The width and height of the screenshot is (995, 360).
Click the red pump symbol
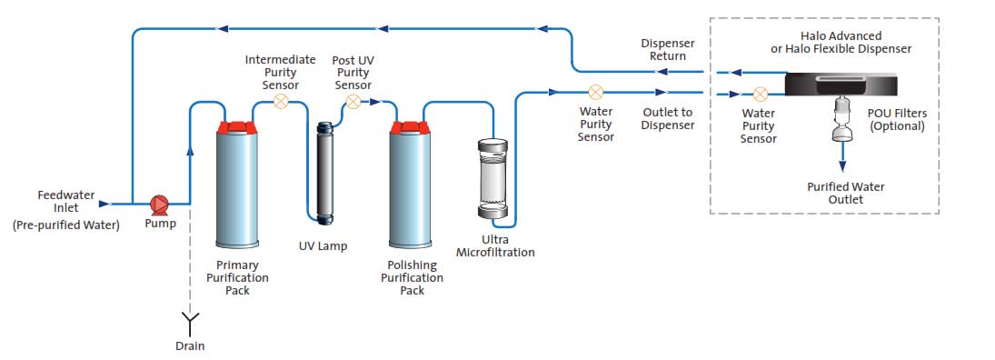point(160,204)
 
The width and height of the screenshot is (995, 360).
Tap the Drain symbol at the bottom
point(191,320)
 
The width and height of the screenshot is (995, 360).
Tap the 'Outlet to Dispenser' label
point(667,119)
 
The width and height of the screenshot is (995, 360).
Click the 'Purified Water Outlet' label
point(845,193)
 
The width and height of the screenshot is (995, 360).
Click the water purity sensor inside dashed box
point(760,93)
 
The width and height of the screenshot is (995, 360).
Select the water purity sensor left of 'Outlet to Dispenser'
point(595,92)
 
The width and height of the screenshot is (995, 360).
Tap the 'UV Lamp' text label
point(323,246)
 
